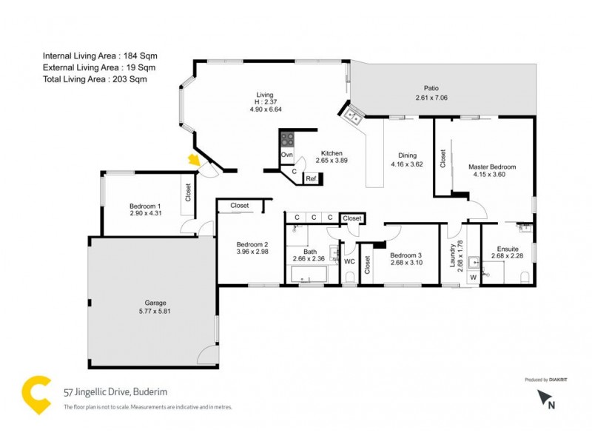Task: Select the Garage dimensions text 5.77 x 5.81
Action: tap(155, 312)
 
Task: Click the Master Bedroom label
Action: tap(492, 167)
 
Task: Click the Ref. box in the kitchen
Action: tap(312, 178)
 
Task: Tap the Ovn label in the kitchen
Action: tap(287, 155)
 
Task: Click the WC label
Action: tap(348, 260)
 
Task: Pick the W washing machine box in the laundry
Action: tap(473, 278)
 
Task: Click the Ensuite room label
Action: tap(508, 249)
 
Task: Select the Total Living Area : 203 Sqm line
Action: tap(99, 78)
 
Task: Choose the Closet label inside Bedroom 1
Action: tap(188, 193)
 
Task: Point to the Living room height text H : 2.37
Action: tap(265, 102)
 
